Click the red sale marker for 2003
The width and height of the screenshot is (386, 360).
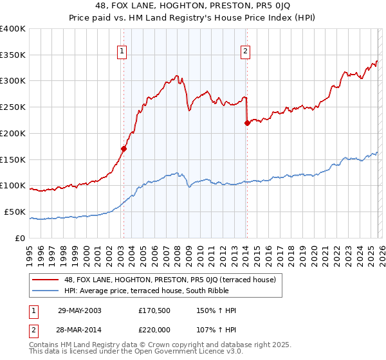click(124, 148)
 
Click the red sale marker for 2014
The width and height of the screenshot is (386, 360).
click(247, 123)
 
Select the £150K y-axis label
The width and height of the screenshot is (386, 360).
click(13, 159)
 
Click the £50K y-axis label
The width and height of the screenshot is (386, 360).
click(15, 212)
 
